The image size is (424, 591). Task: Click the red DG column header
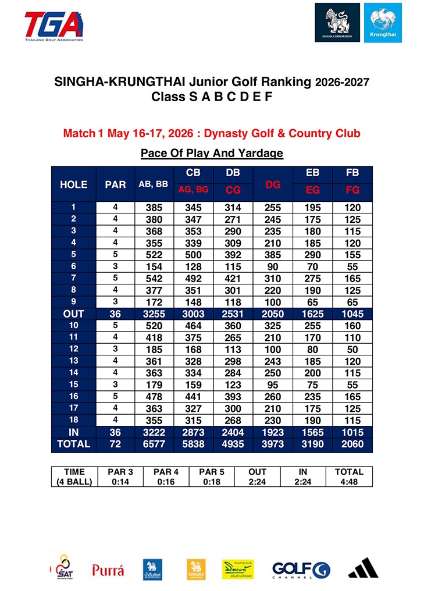pos(273,184)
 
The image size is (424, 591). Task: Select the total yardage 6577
pos(154,444)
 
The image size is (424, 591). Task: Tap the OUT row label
pos(74,314)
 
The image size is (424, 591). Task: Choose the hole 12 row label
pos(74,350)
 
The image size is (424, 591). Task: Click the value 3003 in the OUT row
pos(193,314)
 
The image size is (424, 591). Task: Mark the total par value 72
pos(115,444)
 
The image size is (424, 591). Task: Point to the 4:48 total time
pos(349,482)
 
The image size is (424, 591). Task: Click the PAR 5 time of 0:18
pos(212,482)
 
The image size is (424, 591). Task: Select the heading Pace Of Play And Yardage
pos(212,154)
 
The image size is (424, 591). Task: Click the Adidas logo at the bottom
pos(364,569)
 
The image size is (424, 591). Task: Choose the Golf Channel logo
pos(301,569)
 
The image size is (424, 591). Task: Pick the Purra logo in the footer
pos(108,570)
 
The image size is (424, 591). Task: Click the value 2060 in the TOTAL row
pos(352,444)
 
